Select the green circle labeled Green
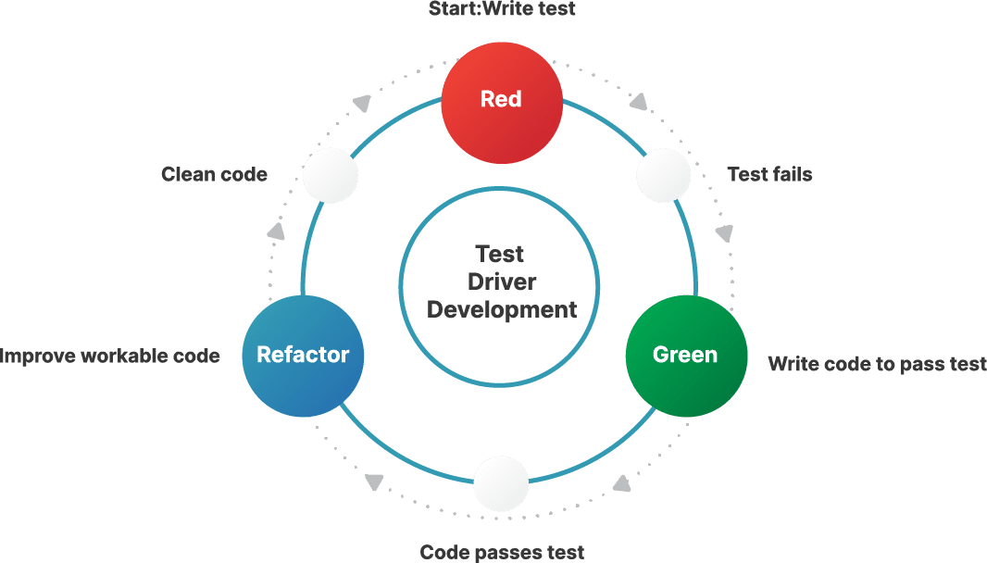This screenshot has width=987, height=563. (x=685, y=355)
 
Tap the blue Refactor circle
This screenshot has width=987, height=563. (x=303, y=355)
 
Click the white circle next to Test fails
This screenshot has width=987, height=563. (x=664, y=175)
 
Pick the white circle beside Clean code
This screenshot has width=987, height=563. (x=331, y=175)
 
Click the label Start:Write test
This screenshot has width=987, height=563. (x=502, y=9)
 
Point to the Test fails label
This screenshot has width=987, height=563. (x=769, y=174)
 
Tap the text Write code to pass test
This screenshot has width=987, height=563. (x=877, y=364)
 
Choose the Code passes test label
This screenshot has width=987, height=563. (x=502, y=552)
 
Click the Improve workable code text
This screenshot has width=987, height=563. (x=110, y=356)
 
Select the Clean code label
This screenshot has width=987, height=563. (x=214, y=174)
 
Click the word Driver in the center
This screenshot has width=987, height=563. (x=501, y=281)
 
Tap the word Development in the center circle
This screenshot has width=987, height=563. (x=501, y=309)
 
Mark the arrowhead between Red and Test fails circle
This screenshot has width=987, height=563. (x=639, y=99)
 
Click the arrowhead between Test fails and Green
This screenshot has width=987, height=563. (x=724, y=232)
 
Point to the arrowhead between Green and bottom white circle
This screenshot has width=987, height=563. (x=622, y=482)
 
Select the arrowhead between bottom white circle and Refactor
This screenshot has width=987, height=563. (x=374, y=482)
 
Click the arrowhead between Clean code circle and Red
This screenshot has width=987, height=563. (x=363, y=103)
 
